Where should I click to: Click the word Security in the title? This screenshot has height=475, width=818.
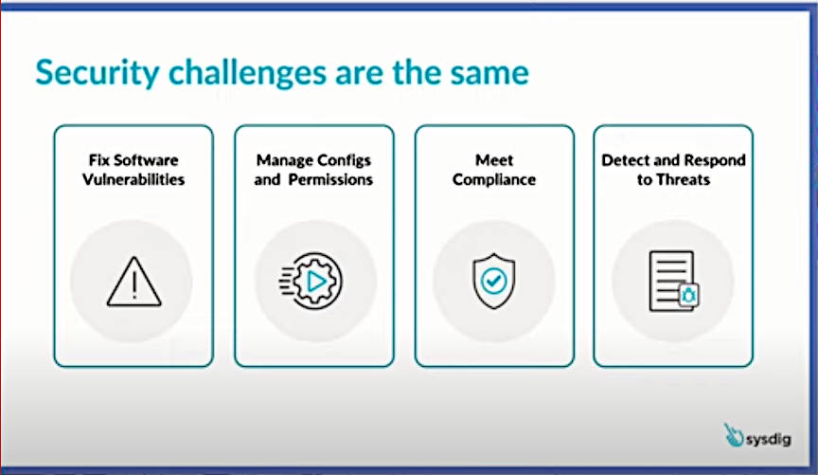coord(97,72)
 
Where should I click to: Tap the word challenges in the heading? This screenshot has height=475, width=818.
coord(248,72)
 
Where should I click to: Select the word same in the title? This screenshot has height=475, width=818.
coord(489,73)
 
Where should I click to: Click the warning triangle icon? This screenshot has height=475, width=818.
coord(134,282)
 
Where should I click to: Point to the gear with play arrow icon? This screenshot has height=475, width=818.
coord(311,282)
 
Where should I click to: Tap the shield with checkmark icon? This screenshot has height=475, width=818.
coord(493,281)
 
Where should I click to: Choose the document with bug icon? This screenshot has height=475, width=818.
coord(674,282)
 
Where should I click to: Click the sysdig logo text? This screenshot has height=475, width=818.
coord(768,440)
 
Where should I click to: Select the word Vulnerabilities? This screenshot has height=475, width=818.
coord(133,179)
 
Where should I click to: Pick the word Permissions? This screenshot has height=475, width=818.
coord(330,179)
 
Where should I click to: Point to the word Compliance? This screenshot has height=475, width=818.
coord(494,180)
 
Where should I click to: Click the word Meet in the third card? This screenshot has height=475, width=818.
coord(494,160)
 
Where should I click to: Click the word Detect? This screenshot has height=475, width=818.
coord(625,160)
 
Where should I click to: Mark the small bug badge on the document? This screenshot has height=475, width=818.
coord(688,296)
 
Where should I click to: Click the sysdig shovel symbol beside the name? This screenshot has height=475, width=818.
coord(733,435)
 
